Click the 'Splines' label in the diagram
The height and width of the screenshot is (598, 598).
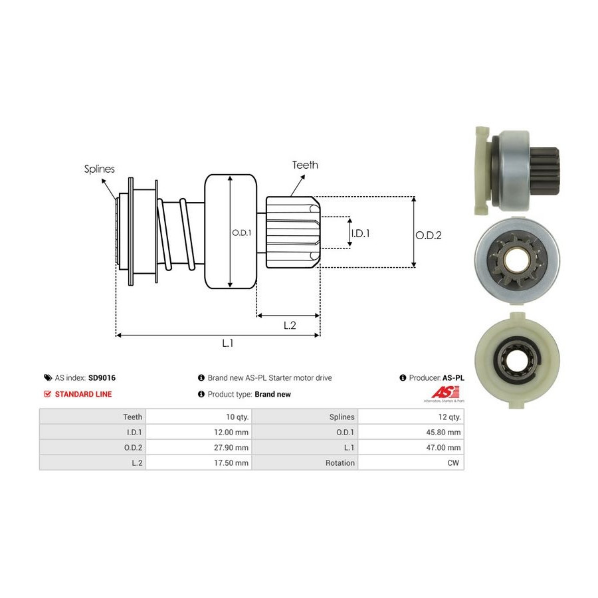click(x=99, y=169)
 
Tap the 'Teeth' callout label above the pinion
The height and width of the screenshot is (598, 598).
click(x=305, y=165)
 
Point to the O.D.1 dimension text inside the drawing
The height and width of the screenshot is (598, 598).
click(x=241, y=233)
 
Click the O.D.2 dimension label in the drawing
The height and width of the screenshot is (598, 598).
click(x=429, y=235)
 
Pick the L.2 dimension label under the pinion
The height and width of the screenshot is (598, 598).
click(x=289, y=325)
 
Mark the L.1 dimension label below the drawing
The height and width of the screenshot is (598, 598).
click(x=227, y=344)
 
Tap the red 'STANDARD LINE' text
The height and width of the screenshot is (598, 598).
click(x=83, y=394)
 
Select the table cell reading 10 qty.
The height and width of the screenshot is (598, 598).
click(x=237, y=417)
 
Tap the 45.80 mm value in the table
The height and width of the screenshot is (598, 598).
click(x=445, y=432)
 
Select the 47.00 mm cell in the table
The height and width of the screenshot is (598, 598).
click(x=445, y=447)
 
